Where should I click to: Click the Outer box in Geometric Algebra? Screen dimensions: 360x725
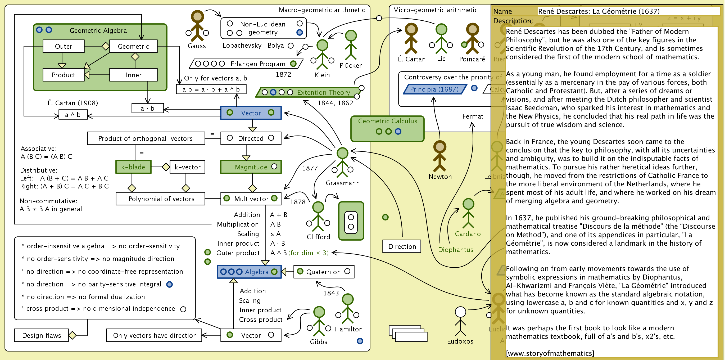tap(64, 46)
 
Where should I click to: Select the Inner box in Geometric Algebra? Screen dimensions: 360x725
tap(133, 75)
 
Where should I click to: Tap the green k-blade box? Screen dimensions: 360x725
tap(133, 167)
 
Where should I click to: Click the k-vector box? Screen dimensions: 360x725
tap(187, 167)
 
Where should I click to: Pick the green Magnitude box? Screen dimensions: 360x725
tap(251, 167)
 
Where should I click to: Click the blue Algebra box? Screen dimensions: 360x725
tap(249, 272)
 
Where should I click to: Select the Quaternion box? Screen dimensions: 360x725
tap(324, 272)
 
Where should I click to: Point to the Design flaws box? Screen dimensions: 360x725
tap(41, 335)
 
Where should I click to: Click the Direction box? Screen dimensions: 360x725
tap(402, 246)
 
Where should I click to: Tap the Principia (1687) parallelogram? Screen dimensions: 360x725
tap(434, 89)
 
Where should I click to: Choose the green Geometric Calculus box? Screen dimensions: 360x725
tap(387, 129)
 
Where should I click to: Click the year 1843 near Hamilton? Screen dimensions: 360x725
tap(331, 293)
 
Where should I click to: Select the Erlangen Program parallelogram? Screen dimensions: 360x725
tap(246, 64)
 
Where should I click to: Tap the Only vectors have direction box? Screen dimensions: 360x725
tap(154, 335)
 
